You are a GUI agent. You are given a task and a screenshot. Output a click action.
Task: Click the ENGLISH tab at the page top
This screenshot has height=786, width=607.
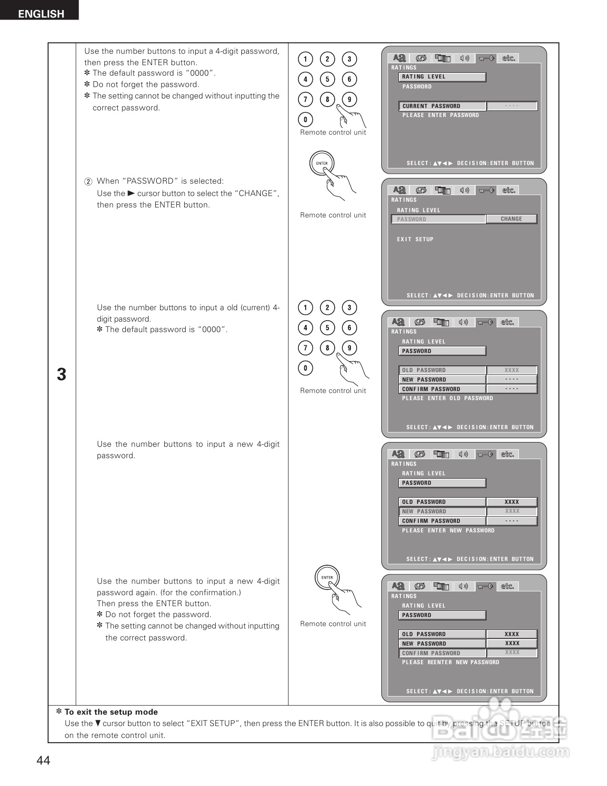(40, 13)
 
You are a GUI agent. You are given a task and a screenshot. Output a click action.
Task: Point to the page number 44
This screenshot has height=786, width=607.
(43, 760)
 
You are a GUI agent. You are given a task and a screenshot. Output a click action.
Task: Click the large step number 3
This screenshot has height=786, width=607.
(61, 375)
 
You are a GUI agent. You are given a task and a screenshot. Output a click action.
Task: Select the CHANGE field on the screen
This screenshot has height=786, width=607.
(511, 219)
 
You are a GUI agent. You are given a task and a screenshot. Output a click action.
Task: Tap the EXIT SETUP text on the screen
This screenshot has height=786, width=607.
(415, 239)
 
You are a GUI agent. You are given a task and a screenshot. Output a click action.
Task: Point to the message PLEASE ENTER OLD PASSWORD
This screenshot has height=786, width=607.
(448, 398)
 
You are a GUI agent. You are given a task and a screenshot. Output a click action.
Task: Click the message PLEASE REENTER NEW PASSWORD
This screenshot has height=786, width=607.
(450, 662)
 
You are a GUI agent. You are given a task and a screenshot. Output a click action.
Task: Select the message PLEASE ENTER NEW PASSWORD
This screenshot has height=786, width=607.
(448, 531)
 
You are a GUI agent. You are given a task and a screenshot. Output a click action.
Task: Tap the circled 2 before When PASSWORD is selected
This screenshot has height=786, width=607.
(88, 182)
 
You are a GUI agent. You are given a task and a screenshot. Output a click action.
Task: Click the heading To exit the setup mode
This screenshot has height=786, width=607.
(111, 712)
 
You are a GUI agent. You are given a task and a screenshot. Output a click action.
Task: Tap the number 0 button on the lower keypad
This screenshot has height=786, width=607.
(305, 368)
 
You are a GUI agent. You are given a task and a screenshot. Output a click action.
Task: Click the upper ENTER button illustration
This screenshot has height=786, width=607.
(322, 163)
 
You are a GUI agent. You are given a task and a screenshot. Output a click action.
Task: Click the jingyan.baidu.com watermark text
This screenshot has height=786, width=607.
(500, 752)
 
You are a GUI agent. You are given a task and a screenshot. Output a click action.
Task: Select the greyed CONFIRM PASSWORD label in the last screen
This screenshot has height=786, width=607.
(431, 653)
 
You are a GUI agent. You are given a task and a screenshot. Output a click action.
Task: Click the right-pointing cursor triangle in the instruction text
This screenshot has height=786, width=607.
(131, 193)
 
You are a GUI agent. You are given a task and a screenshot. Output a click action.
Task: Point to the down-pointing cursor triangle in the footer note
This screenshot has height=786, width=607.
(98, 723)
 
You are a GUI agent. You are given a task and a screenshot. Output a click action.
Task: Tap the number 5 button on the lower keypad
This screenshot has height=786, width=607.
(327, 327)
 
